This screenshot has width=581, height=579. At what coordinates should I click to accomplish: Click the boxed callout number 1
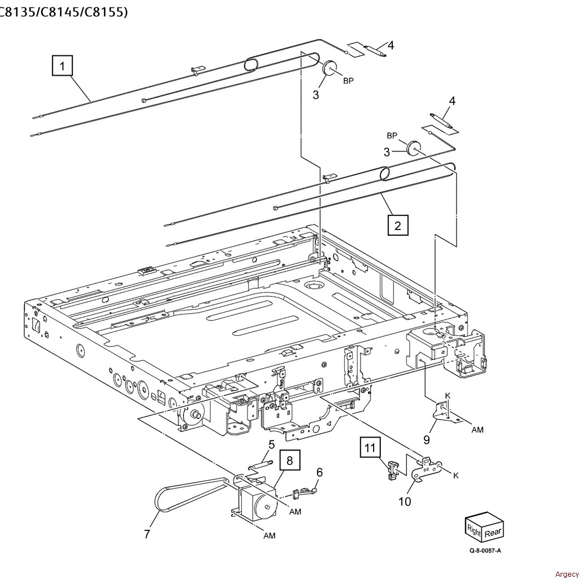pos(63,66)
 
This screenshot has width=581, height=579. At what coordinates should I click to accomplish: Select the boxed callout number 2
pos(398,225)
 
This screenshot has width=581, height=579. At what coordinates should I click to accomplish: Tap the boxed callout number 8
pos(289,460)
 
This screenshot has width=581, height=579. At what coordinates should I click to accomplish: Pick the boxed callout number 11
pos(369,448)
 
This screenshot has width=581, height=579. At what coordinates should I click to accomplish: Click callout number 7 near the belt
pos(147,533)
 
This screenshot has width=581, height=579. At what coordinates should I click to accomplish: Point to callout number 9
pos(427,439)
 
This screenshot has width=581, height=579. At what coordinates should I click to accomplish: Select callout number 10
pos(405,501)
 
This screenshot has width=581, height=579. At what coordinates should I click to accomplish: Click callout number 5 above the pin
pos(271,444)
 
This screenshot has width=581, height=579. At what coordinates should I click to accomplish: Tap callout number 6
pos(319,472)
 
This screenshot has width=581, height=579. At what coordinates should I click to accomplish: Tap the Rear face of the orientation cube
pos(492,532)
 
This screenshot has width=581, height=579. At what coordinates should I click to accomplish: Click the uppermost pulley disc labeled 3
pos(329,70)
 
